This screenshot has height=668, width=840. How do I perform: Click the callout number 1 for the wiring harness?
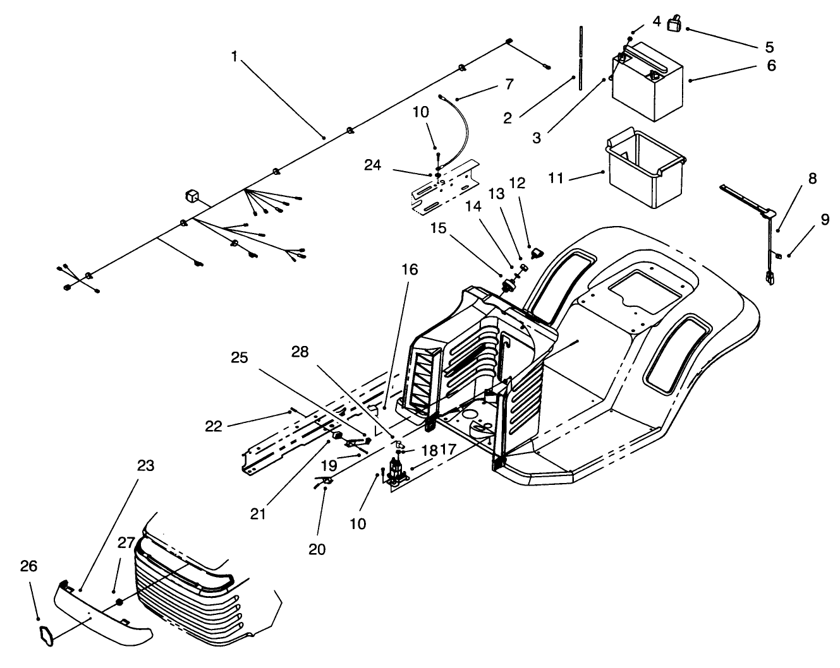pos(234,56)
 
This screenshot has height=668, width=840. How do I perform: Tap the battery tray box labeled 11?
pos(645,170)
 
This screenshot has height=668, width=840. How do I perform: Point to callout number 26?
pos(28,566)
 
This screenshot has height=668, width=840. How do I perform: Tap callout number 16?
pos(409,270)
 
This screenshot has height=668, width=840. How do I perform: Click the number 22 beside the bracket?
pos(214,426)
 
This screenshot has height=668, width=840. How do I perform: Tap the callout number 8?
pos(812,179)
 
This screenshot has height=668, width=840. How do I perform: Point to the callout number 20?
pos(317,549)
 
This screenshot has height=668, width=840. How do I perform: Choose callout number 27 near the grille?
pos(126,543)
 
